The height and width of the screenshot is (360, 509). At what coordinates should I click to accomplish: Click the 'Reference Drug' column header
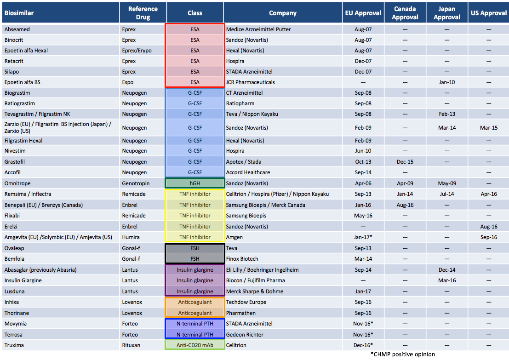[x=143, y=13]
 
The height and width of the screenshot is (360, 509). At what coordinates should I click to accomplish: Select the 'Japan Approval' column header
[x=447, y=13]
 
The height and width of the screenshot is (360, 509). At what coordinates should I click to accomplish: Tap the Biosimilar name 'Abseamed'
[x=17, y=29]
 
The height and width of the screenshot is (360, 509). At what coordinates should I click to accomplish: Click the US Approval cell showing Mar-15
[x=488, y=128]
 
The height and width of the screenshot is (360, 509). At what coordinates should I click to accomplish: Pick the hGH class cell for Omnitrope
[x=194, y=183]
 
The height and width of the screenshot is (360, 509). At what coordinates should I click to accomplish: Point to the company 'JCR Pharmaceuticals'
[x=251, y=82]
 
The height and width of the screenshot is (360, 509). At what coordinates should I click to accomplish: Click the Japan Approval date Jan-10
[x=447, y=82]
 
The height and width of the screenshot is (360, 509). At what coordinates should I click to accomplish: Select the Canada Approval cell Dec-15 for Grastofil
[x=405, y=162]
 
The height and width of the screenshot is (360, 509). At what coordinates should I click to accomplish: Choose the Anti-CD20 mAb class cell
[x=194, y=345]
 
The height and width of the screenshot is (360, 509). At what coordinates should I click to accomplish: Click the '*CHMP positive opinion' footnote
[x=403, y=354]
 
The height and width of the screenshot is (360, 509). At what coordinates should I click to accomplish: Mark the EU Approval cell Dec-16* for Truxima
[x=363, y=345]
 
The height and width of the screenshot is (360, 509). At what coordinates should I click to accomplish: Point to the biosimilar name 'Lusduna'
[x=15, y=291]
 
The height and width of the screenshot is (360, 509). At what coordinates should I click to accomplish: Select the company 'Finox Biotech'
[x=242, y=259]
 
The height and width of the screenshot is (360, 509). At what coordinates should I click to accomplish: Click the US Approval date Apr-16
[x=488, y=194]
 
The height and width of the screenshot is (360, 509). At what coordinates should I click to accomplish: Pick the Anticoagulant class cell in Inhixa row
[x=194, y=302]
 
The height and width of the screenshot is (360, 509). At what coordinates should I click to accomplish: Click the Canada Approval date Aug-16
[x=405, y=205]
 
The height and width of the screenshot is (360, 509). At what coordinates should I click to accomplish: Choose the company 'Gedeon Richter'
[x=245, y=335]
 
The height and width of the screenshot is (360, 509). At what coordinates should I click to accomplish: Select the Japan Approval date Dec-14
[x=447, y=270]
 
